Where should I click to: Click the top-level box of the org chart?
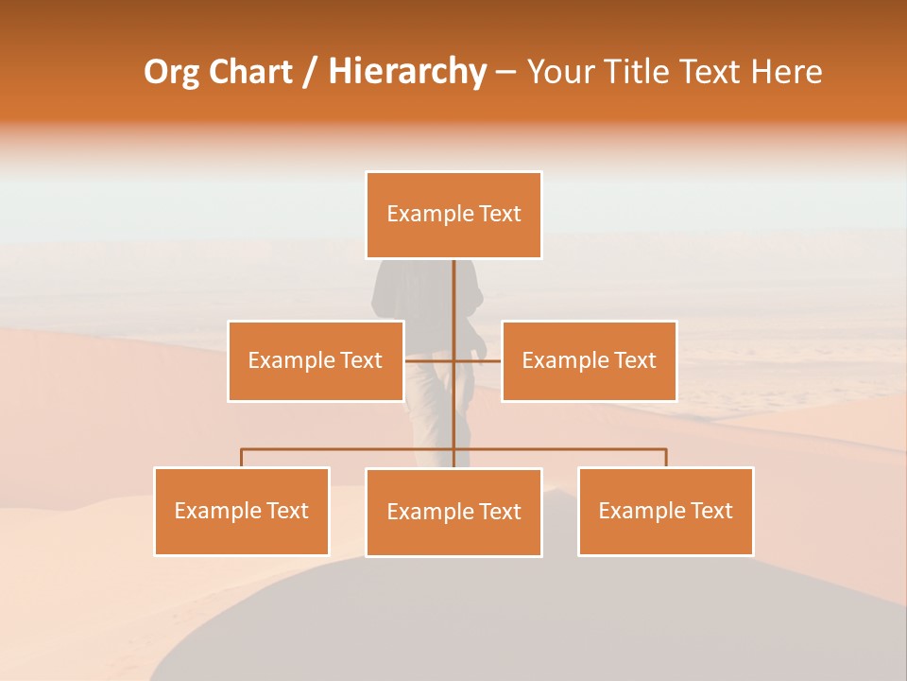point(453,215)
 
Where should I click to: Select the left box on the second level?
point(316,360)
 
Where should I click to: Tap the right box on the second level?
point(589,360)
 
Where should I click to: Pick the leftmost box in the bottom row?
point(242,511)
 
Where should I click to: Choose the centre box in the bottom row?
point(453,512)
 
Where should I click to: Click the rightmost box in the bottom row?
point(665,511)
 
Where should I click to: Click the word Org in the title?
point(171,72)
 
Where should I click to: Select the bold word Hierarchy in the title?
point(406,72)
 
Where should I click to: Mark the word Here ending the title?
point(786,72)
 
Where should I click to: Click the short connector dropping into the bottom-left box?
point(242,458)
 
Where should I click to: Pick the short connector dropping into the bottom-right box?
point(666,458)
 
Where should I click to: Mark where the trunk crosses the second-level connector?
point(454,360)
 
